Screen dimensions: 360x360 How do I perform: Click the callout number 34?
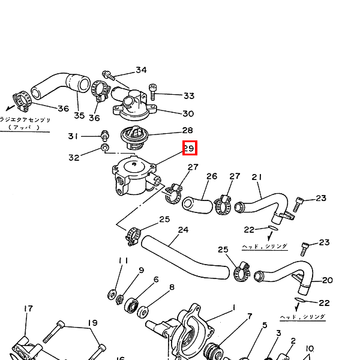click(x=141, y=70)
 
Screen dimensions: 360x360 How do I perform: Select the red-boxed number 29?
click(x=189, y=148)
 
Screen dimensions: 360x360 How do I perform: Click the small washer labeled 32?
click(x=105, y=147)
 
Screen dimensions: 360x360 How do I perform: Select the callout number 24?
click(x=183, y=230)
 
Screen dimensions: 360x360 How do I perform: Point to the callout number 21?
click(x=257, y=177)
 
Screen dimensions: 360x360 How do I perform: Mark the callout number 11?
click(x=124, y=260)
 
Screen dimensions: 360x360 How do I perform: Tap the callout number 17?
click(x=28, y=308)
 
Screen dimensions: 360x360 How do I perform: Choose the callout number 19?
click(x=92, y=323)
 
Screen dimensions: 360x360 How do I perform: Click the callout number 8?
click(x=172, y=287)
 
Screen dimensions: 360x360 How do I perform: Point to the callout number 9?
click(x=142, y=270)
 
